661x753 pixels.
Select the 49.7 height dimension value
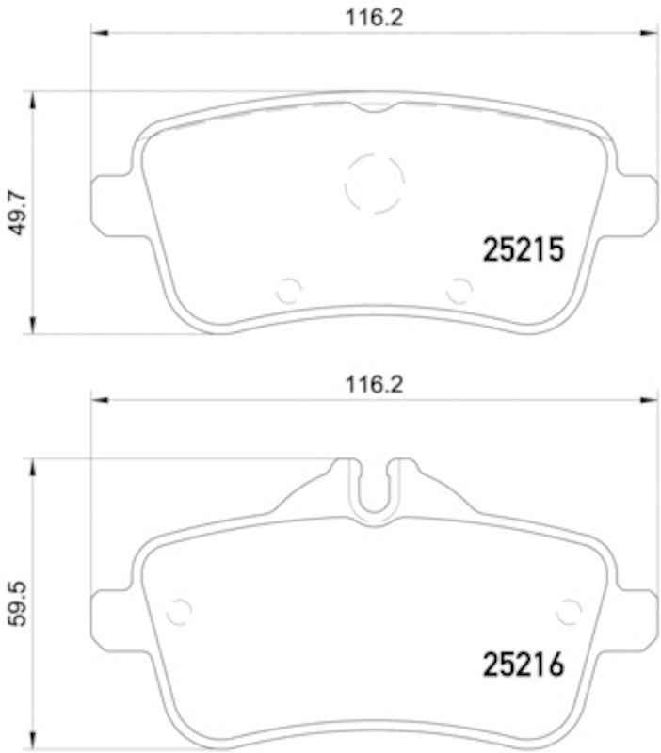16,213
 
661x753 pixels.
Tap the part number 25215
523,249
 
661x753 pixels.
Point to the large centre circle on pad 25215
374,183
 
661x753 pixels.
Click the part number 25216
523,665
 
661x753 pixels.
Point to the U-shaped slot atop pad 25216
374,489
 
